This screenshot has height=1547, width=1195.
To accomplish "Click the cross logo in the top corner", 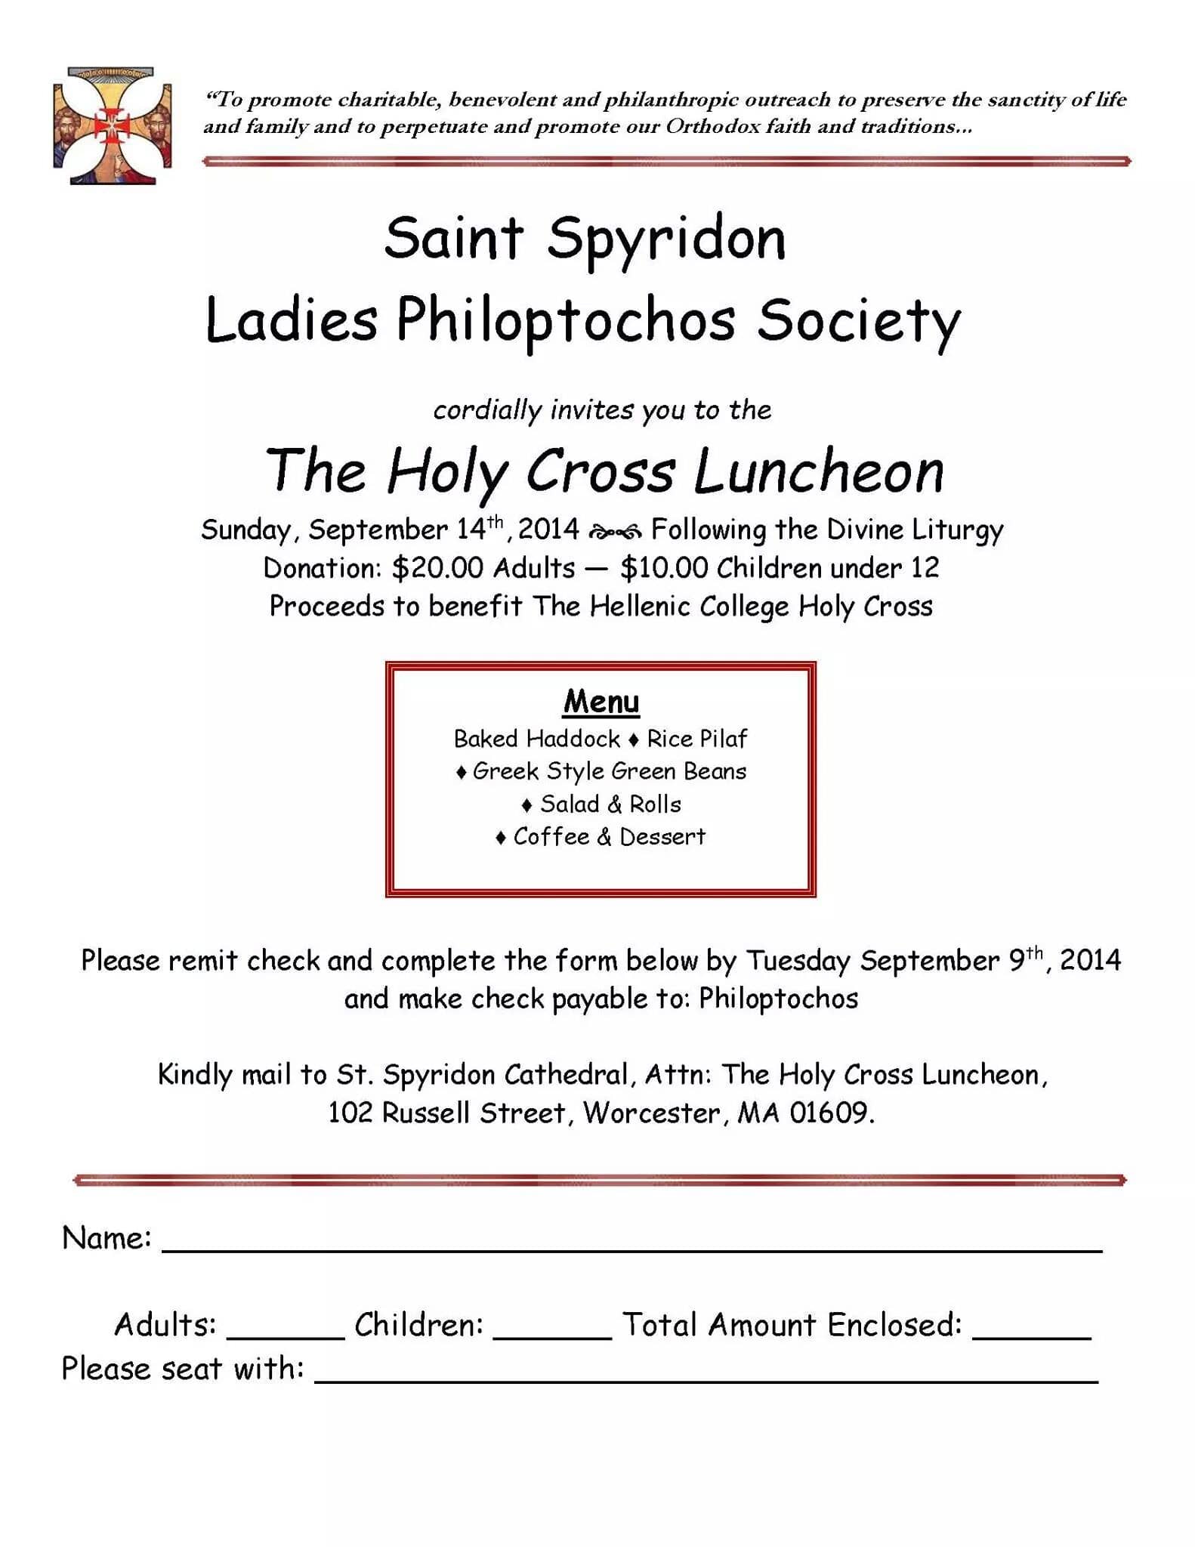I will click(x=112, y=125).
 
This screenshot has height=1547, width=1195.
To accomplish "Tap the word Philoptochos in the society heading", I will click(x=566, y=321).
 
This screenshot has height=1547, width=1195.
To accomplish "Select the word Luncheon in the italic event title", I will click(x=819, y=471).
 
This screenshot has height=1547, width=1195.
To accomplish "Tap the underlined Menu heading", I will click(x=601, y=701).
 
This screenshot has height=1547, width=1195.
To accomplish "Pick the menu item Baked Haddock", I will click(x=536, y=739).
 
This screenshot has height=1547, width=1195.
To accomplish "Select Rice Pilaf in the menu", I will click(x=696, y=739).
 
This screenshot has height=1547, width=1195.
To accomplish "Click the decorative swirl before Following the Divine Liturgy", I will click(x=615, y=532).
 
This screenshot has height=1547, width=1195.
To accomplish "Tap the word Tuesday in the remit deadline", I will click(x=798, y=961).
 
